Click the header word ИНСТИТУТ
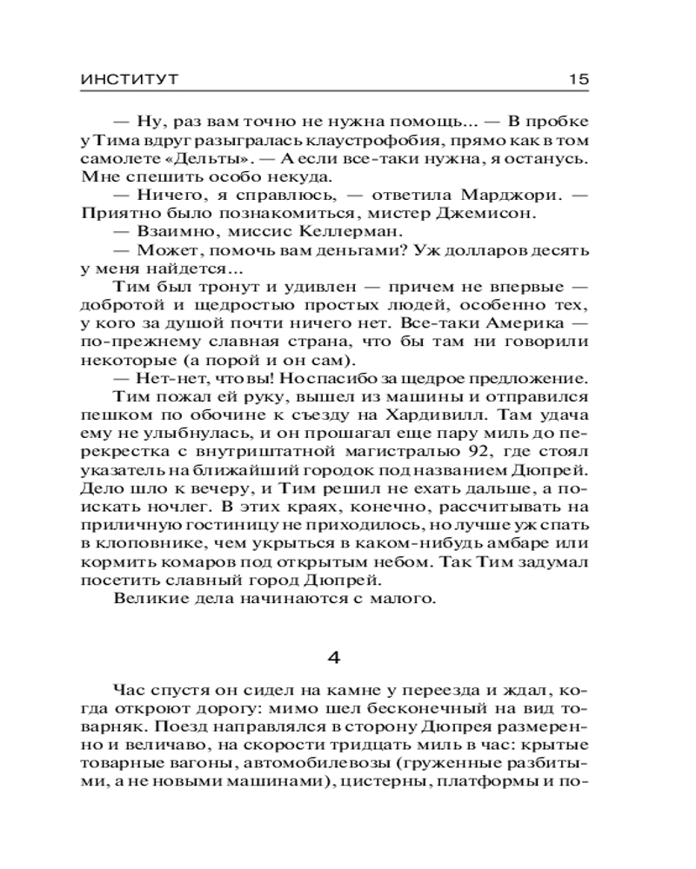[129, 79]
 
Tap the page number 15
[579, 79]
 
